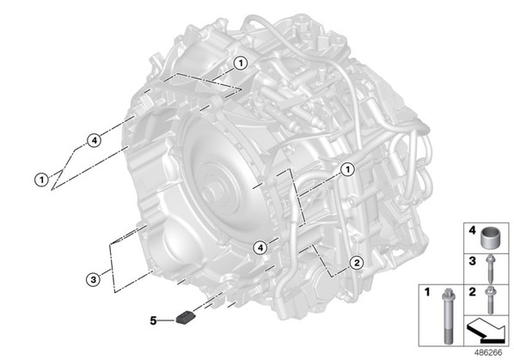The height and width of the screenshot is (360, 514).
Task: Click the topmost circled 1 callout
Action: pos(241,63)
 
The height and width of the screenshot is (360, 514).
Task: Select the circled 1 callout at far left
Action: pos(41,180)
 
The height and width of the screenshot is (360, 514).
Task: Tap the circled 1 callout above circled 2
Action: pos(347,169)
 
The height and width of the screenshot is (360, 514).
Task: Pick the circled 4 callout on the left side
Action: pos(94,141)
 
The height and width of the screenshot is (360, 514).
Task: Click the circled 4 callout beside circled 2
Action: pos(260,247)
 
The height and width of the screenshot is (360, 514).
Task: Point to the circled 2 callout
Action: pos(357,262)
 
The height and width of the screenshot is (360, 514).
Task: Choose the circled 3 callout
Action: pos(94,280)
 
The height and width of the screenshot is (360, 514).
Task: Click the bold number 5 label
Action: pos(153,320)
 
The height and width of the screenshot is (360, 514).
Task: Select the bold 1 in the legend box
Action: pos(426,291)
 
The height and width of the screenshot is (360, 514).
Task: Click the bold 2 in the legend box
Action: pos(472,291)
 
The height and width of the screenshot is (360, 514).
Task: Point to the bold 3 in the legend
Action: pos(472,260)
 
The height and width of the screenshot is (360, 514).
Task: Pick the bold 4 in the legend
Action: pos(472,230)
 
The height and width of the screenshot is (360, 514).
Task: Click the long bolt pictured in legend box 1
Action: pos(448,316)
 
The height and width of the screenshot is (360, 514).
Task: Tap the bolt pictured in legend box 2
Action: pos(491,300)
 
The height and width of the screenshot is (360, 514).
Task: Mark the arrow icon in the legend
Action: pos(486,331)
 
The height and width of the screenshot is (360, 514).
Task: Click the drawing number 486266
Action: pos(488,352)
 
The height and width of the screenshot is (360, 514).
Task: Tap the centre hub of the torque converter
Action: pos(216,192)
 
